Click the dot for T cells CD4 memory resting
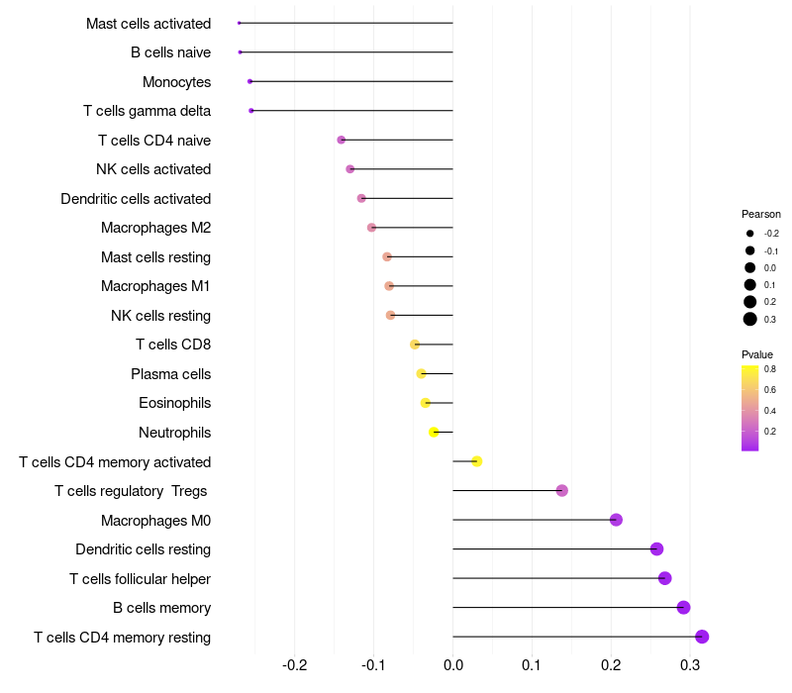pos(702,637)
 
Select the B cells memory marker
pos(683,608)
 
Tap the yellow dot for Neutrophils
pos(434,432)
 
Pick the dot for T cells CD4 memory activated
pos(476,461)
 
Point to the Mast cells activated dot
pos(240,23)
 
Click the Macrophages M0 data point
pos(616,520)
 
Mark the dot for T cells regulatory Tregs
pos(562,490)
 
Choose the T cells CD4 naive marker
pos(342,140)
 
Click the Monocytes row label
pos(176,81)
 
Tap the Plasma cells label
pos(170,374)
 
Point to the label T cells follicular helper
pos(140,578)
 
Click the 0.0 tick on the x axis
pos(452,664)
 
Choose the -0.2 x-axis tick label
pos(294,664)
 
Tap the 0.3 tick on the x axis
pos(690,664)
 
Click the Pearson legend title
pos(760,214)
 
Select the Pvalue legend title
pos(757,354)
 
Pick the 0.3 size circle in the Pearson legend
pos(750,319)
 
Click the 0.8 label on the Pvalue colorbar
pos(769,369)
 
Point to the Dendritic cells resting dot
pos(656,548)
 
